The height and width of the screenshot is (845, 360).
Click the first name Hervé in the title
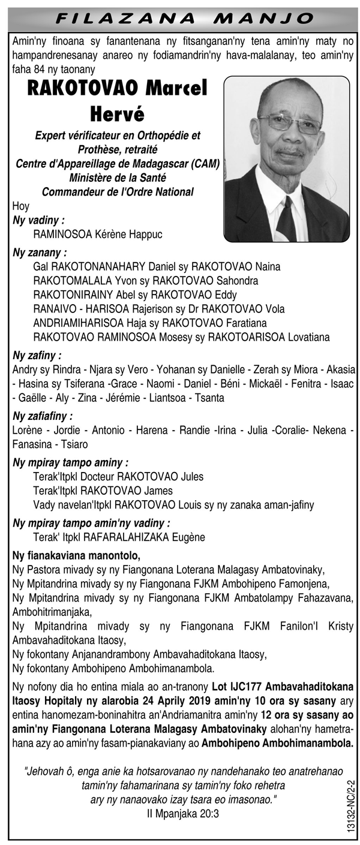point(118,112)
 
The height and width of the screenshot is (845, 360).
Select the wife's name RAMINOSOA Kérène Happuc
point(98,234)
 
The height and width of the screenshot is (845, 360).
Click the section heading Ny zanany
point(40,252)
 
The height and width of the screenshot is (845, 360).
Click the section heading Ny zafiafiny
point(43,415)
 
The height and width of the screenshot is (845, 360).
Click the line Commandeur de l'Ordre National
point(118,192)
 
